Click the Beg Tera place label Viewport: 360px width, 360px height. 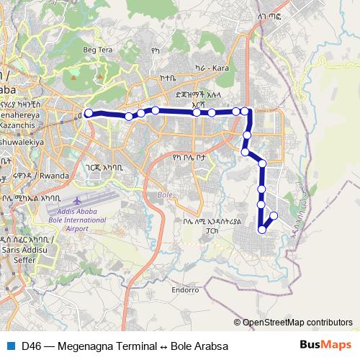point(99,50)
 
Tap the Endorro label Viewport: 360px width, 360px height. point(184,290)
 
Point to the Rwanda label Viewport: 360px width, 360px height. point(54,174)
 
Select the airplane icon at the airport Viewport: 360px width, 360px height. point(77,198)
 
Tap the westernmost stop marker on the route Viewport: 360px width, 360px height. point(89,113)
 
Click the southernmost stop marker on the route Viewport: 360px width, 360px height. point(262,230)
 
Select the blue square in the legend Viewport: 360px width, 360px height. point(10,346)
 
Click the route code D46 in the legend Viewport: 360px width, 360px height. point(31,346)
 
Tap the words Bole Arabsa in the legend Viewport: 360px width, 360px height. point(199,346)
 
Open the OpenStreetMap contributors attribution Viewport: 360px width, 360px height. point(297,323)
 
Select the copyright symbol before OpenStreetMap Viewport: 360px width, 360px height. point(237,323)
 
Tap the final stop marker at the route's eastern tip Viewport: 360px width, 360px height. point(274,216)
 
